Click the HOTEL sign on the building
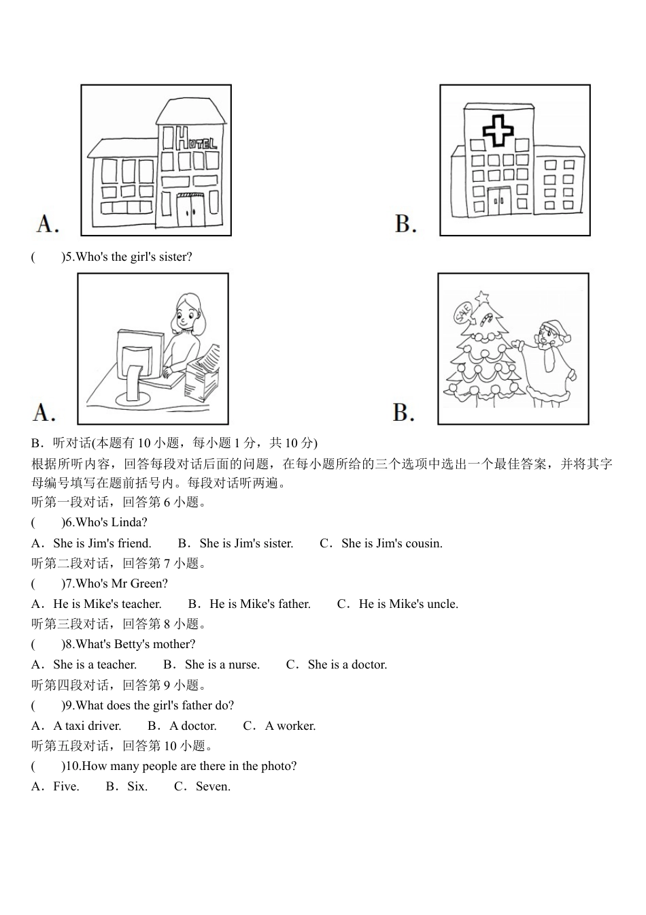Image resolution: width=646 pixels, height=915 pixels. click(x=195, y=140)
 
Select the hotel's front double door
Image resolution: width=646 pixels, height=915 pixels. click(x=190, y=210)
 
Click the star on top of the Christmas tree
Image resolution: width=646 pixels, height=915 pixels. click(x=482, y=298)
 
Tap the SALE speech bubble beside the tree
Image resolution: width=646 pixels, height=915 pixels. click(x=464, y=313)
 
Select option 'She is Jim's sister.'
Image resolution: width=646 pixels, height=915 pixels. click(x=246, y=543)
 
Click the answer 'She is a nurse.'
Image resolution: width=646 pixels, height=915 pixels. click(x=222, y=664)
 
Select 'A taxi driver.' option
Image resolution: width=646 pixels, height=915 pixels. click(x=87, y=726)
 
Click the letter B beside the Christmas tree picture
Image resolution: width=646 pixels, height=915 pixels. click(x=404, y=413)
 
